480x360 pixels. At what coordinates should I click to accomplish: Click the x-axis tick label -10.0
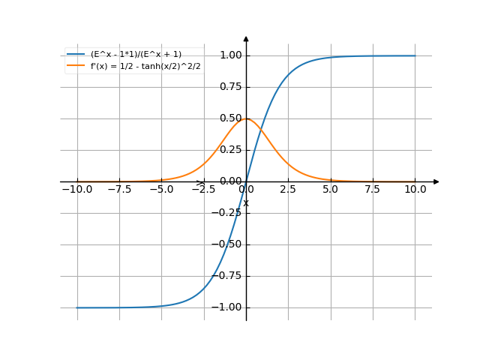(76, 190)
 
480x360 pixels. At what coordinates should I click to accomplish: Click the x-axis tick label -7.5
(118, 190)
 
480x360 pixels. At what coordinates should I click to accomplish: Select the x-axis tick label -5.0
(161, 190)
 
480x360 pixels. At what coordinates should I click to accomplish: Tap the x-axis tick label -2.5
(203, 190)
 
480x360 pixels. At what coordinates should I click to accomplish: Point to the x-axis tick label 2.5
(288, 190)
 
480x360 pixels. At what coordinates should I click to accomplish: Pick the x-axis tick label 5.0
(330, 190)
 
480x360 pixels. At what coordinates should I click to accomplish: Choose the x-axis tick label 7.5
(373, 190)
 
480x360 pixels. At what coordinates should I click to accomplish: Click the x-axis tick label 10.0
(415, 190)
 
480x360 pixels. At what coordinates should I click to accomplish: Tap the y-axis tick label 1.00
(230, 55)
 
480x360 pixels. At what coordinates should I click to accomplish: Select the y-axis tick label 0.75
(230, 87)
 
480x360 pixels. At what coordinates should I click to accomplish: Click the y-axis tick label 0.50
(230, 118)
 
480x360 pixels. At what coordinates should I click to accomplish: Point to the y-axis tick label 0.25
(230, 150)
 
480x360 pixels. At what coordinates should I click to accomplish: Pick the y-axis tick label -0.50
(228, 244)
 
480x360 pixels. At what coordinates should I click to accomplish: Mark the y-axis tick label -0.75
(228, 276)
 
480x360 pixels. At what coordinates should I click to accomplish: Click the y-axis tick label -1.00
(228, 307)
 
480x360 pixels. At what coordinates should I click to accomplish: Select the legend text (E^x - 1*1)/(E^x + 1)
(136, 54)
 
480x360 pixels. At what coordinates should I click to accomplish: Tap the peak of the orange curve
(246, 118)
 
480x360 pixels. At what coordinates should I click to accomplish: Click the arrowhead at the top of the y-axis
(246, 38)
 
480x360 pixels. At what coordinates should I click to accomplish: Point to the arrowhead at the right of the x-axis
(436, 181)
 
